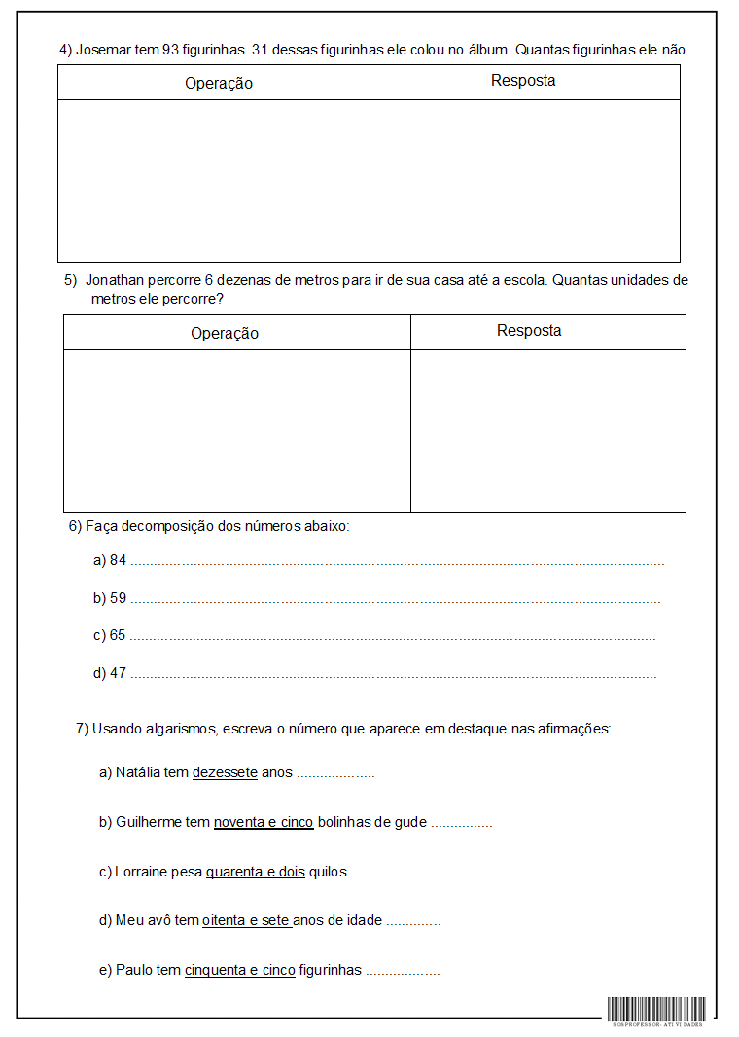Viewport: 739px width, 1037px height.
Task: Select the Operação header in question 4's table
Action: point(219,83)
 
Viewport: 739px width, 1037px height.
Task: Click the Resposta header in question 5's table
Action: point(529,331)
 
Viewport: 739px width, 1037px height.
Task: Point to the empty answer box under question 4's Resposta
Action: point(542,180)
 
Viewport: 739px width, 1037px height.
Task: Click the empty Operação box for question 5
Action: point(236,430)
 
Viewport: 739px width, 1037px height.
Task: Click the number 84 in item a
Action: point(119,560)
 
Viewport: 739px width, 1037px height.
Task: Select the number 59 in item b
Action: point(119,598)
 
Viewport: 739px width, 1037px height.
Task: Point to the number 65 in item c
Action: point(118,635)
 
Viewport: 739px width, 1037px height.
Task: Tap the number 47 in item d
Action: point(119,673)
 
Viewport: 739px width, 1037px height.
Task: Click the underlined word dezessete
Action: point(225,773)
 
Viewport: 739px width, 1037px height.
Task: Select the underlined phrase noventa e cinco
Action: point(264,822)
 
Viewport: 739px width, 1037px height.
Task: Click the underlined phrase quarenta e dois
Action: point(256,873)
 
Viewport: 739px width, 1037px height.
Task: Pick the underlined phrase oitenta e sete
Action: point(247,920)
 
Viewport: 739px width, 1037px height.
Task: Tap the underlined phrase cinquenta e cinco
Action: point(240,970)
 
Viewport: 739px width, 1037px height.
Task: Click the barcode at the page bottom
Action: point(657,1010)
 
